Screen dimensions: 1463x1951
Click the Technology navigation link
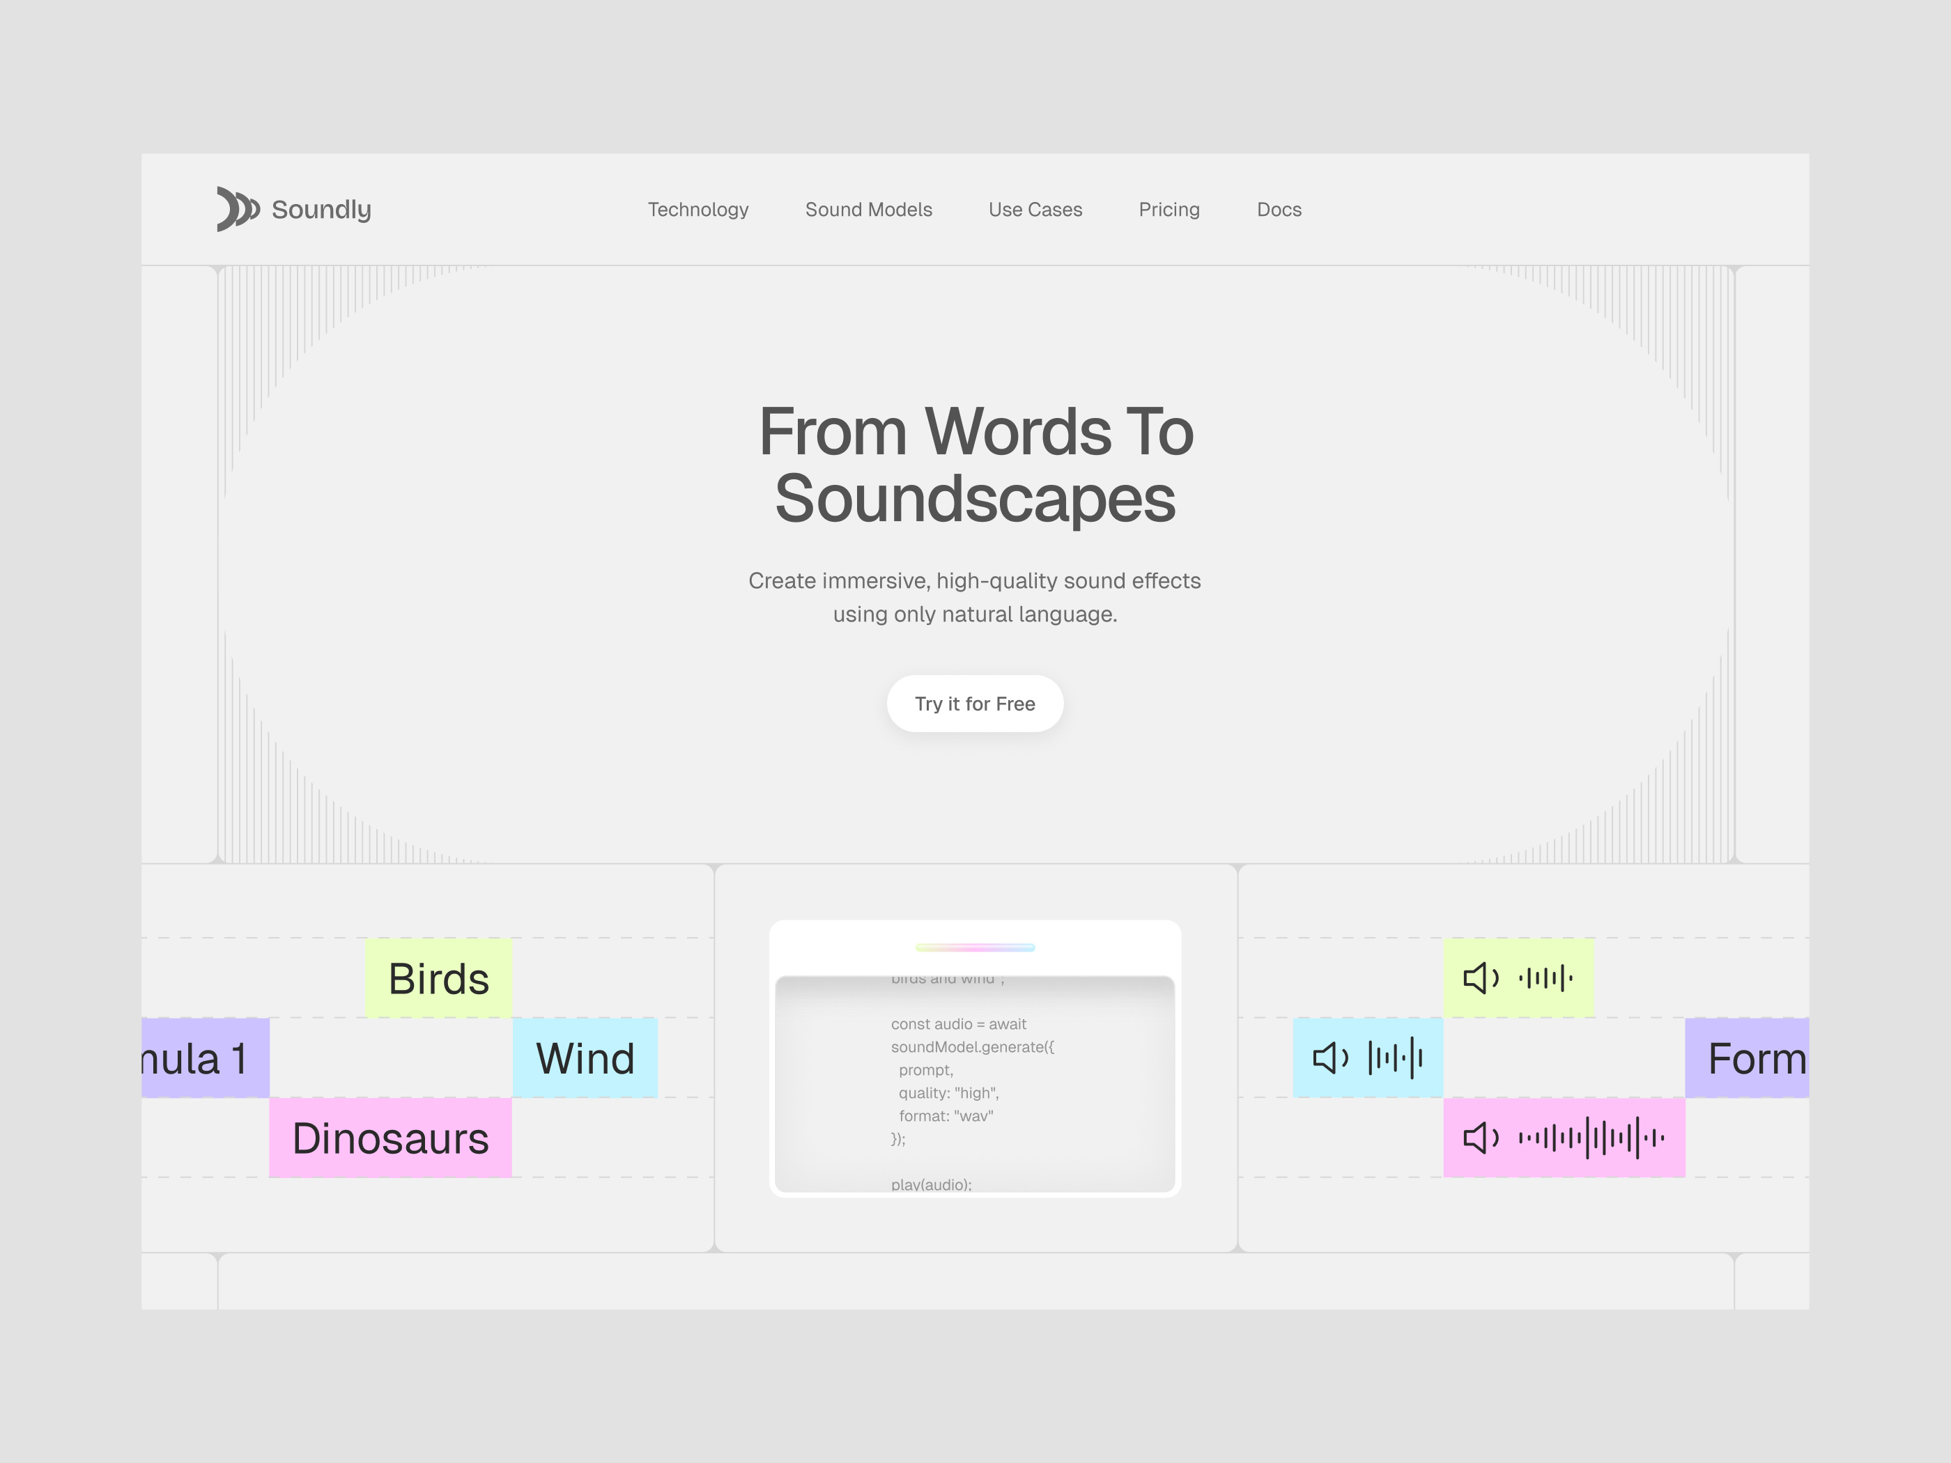tap(697, 210)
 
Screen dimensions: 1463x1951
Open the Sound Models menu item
tap(868, 210)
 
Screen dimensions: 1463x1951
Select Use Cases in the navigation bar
tap(1035, 210)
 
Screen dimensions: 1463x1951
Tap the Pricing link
tap(1169, 210)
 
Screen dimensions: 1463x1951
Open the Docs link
tap(1278, 210)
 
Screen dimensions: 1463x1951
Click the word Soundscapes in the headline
tap(975, 499)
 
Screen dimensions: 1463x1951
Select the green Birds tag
tap(438, 979)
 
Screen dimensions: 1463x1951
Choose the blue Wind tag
tap(585, 1058)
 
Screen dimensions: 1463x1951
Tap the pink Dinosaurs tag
tap(390, 1138)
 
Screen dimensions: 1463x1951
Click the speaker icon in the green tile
tap(1480, 978)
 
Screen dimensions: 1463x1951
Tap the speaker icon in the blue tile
tap(1330, 1058)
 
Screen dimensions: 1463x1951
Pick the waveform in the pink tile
tap(1590, 1138)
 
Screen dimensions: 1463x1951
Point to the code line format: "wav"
tap(946, 1115)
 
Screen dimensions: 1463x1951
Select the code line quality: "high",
tap(948, 1092)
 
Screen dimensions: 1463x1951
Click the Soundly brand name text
tap(321, 210)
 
